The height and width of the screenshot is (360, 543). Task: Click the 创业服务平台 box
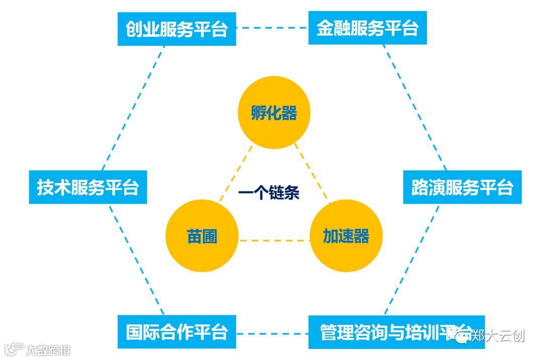coord(176,29)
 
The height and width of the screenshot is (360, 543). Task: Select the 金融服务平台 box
coord(367,28)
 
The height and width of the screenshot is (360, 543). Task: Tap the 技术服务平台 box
coord(88,187)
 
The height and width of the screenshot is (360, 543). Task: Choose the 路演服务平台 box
coord(462,187)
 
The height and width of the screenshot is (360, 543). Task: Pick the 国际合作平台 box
coord(176,332)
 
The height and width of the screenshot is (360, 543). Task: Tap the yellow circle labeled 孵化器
coord(274,113)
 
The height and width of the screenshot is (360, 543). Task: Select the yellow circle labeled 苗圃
coord(202,236)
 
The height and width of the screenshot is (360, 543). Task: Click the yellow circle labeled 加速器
coord(346,236)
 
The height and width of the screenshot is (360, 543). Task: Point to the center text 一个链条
coord(269,193)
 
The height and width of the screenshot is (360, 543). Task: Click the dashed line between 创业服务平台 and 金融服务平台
coord(272,28)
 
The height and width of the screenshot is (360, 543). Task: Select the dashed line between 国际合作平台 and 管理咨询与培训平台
coord(272,332)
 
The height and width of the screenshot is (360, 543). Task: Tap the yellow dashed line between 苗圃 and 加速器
coord(274,240)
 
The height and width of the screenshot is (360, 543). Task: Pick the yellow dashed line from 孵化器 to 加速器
coord(312,174)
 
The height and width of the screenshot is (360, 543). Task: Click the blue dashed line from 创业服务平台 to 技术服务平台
coord(133,108)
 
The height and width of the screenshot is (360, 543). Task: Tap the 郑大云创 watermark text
coord(498,335)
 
